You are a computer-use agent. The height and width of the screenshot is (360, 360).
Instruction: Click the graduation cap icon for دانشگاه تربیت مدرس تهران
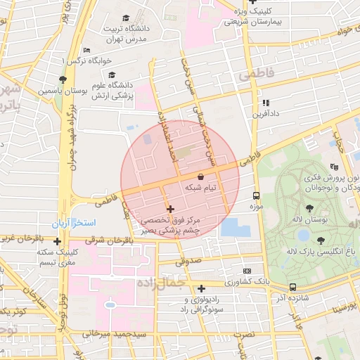126,18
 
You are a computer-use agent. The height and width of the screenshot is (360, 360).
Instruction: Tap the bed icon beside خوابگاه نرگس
86,51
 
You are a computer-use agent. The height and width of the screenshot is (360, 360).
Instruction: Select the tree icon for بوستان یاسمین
63,79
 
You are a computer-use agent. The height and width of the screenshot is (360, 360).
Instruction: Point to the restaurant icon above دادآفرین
265,102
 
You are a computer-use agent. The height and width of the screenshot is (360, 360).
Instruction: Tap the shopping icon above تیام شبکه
202,176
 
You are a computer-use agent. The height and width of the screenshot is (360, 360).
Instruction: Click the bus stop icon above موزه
255,196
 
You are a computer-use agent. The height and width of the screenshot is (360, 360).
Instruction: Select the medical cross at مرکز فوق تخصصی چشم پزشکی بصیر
170,209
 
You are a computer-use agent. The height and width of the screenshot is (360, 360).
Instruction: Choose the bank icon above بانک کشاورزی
247,271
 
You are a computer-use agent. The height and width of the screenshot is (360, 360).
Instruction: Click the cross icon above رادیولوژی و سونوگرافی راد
202,288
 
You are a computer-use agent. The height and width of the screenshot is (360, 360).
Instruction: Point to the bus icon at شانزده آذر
292,287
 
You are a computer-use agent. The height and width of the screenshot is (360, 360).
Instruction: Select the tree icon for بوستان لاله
309,208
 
